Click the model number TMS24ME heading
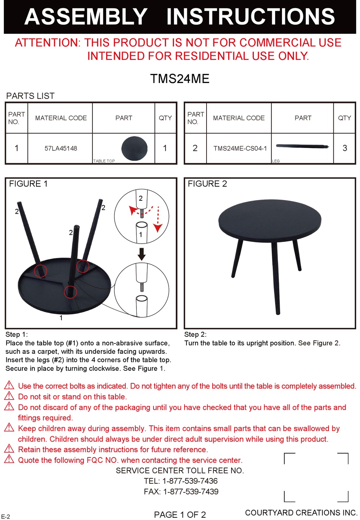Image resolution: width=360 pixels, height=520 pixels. tap(180, 79)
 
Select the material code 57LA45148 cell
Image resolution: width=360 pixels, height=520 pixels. tap(61, 148)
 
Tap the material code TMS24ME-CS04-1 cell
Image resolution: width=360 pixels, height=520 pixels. tap(240, 148)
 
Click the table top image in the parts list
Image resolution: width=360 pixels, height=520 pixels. tap(134, 148)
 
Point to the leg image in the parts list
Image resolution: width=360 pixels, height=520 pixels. tap(302, 146)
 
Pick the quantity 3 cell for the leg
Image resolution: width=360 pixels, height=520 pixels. tap(344, 148)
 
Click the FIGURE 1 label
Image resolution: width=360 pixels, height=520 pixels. tap(28, 184)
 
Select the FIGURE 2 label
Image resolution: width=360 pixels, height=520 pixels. tap(207, 184)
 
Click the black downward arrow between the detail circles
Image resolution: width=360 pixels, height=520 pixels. tap(142, 254)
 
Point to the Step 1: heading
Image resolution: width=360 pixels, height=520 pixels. tap(17, 334)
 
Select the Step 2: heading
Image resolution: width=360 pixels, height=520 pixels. tap(195, 334)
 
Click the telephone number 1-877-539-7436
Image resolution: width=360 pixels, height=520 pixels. tap(190, 481)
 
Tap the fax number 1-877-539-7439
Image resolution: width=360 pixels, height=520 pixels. tap(191, 492)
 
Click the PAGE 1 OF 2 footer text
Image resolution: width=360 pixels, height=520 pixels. tap(180, 515)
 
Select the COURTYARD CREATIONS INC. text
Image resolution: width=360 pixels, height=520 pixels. tap(301, 513)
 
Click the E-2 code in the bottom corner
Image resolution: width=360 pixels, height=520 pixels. tap(6, 517)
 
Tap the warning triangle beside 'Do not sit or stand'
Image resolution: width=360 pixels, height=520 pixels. tap(9, 396)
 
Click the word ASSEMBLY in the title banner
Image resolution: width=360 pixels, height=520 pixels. tap(86, 17)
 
